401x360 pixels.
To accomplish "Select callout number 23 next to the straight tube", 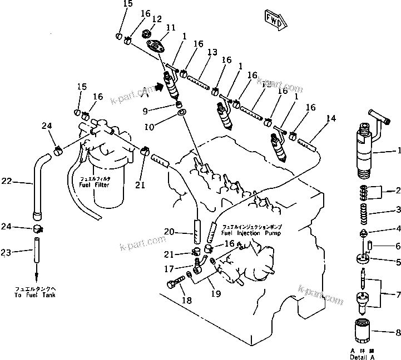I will click(7, 252).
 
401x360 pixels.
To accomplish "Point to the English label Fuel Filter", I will click(95, 184).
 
